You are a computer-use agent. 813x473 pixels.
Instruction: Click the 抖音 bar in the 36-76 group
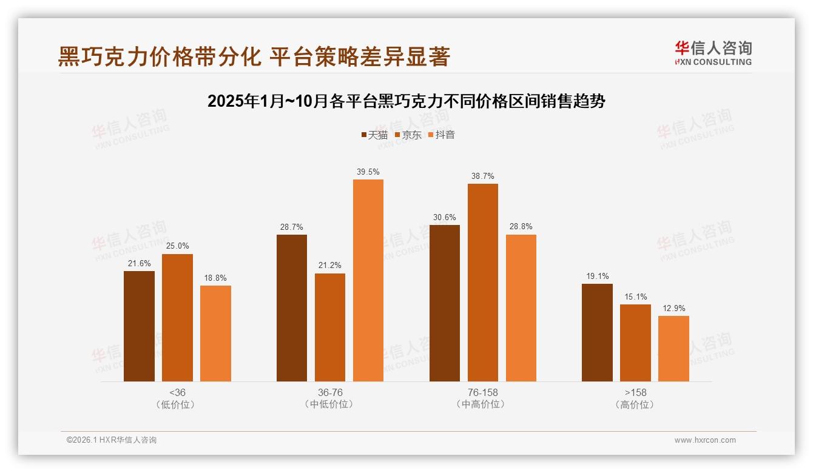(368, 280)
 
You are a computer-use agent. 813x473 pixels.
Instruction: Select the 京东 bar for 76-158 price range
(483, 283)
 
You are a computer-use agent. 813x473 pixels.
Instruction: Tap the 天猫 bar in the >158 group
(597, 332)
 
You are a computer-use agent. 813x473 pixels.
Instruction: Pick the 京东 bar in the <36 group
(177, 318)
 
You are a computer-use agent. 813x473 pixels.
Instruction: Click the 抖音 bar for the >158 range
(673, 349)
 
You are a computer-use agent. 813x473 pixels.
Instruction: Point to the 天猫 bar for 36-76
(292, 308)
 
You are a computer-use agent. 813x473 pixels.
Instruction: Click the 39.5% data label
(368, 172)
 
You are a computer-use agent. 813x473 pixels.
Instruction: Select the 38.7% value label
(483, 176)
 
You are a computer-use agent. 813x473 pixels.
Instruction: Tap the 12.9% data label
(673, 309)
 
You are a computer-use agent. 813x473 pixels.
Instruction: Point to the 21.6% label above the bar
(139, 264)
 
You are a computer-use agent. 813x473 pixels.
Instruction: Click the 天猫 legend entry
(374, 135)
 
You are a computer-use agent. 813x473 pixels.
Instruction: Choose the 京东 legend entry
(408, 135)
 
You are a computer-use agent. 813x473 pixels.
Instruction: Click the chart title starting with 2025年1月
(406, 101)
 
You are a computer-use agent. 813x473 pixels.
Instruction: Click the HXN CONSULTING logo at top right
(713, 53)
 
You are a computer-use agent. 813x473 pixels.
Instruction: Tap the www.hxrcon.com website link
(705, 440)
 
